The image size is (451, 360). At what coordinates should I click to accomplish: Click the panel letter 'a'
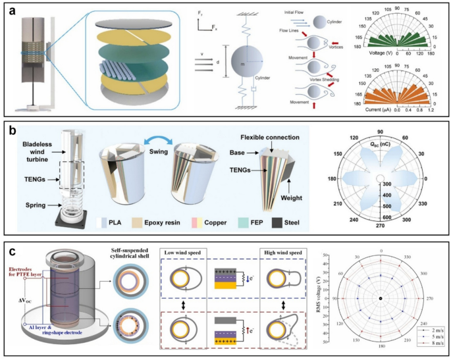[x=11, y=11]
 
